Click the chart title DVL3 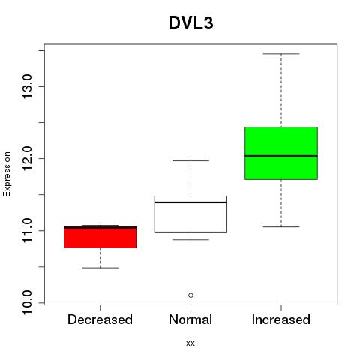point(191,23)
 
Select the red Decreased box point(100,237)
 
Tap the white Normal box point(190,214)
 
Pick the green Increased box point(281,153)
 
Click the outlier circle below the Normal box point(190,295)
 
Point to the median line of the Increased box point(281,156)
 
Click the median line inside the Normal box point(190,202)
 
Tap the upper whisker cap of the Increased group point(281,54)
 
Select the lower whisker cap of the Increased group point(281,226)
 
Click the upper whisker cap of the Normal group point(190,160)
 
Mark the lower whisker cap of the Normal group point(190,239)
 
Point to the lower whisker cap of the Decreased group point(100,268)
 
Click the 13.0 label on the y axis point(28,86)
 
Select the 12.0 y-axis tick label point(28,158)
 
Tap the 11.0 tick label point(28,230)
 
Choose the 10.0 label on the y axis point(28,303)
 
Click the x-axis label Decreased point(100,319)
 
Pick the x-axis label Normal point(190,319)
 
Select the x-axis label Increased point(281,319)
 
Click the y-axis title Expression point(7,174)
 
